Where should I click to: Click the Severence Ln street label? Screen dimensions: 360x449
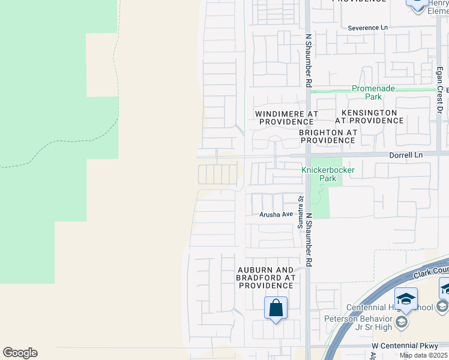tap(368, 28)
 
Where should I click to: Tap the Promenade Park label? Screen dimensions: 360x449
tap(373, 92)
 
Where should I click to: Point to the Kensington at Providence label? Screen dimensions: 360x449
tap(369, 116)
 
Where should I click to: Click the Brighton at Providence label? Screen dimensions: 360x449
tap(328, 136)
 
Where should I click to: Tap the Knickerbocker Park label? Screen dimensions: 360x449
tap(327, 174)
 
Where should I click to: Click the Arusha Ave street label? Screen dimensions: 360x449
tap(276, 214)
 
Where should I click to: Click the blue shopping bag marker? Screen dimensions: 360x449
tap(276, 308)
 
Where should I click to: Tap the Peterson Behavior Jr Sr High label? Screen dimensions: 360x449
tap(358, 322)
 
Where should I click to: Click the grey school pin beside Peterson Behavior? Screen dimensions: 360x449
tap(402, 323)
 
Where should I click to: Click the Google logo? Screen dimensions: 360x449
tap(20, 353)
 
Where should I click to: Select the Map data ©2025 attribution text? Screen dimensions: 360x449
tap(424, 355)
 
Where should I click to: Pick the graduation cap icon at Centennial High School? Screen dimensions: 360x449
tap(406, 299)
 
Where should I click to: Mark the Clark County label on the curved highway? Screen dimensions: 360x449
tap(430, 269)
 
